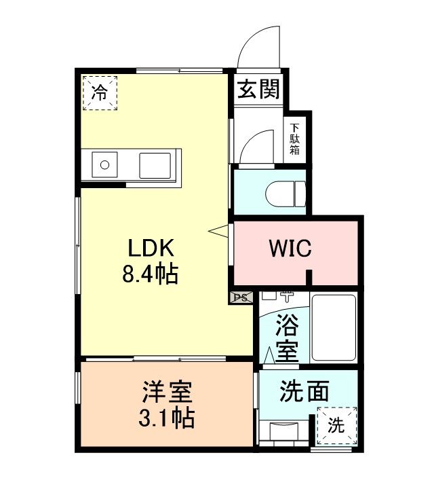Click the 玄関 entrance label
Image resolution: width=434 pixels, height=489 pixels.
[258, 89]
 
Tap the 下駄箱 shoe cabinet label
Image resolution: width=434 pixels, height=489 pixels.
[294, 139]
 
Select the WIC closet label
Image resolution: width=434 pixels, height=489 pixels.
[290, 249]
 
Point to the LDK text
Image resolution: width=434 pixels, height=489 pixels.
[151, 249]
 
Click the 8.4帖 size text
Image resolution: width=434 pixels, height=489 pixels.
[151, 274]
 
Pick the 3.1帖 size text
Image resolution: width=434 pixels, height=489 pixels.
[167, 417]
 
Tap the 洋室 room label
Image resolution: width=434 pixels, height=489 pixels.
[167, 392]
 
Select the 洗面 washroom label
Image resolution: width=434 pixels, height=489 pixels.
[304, 391]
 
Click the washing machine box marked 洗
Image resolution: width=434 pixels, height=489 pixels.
[336, 426]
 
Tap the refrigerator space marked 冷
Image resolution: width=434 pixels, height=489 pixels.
[100, 93]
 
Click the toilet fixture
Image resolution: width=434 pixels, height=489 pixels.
[285, 194]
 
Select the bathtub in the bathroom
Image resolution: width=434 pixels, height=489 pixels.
[334, 327]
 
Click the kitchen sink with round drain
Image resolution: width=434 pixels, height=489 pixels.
[104, 165]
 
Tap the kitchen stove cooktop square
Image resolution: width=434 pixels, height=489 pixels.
[155, 165]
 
